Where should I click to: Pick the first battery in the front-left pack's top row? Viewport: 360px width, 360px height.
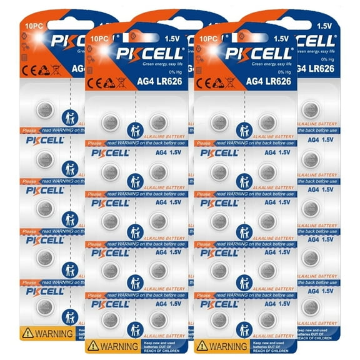[110, 122]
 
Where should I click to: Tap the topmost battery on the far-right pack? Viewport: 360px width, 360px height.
[309, 109]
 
